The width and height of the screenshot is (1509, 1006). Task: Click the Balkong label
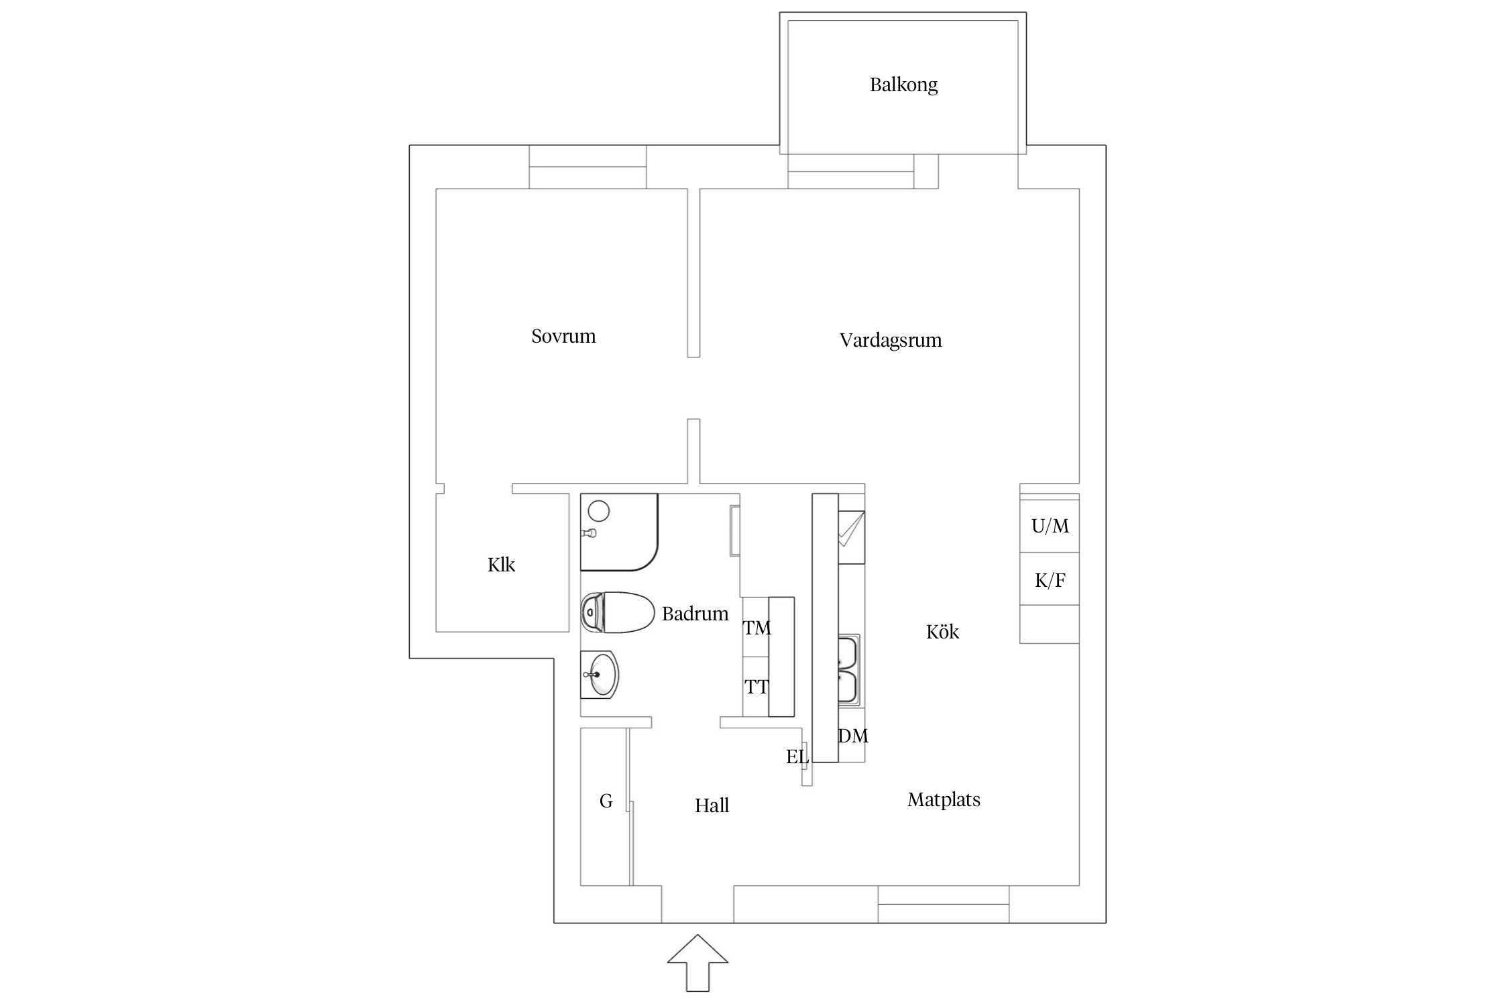click(x=903, y=85)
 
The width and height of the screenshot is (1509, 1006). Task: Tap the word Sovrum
click(x=563, y=336)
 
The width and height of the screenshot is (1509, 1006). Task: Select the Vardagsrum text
click(x=891, y=340)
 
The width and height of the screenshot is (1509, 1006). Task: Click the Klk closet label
click(x=501, y=565)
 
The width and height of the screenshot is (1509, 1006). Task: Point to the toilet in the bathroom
click(x=618, y=612)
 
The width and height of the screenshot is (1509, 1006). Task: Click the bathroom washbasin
click(x=600, y=675)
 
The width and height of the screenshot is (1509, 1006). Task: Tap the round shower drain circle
click(x=598, y=512)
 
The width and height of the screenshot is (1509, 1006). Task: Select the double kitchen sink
click(x=848, y=669)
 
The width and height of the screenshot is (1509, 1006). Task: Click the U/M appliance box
click(x=1050, y=526)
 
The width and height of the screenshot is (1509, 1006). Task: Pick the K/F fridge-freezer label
click(x=1050, y=580)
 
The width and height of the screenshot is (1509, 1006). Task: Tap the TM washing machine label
click(x=757, y=628)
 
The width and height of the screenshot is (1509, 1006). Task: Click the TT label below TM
click(x=757, y=687)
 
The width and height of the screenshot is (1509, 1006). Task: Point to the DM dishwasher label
click(x=853, y=736)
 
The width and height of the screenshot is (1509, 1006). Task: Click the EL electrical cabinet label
click(x=797, y=757)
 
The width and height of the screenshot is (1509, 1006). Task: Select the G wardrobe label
click(x=606, y=801)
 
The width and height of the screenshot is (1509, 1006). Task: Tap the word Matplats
click(x=944, y=799)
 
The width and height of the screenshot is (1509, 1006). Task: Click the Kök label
click(x=942, y=632)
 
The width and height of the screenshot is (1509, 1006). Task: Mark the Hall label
click(x=712, y=805)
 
